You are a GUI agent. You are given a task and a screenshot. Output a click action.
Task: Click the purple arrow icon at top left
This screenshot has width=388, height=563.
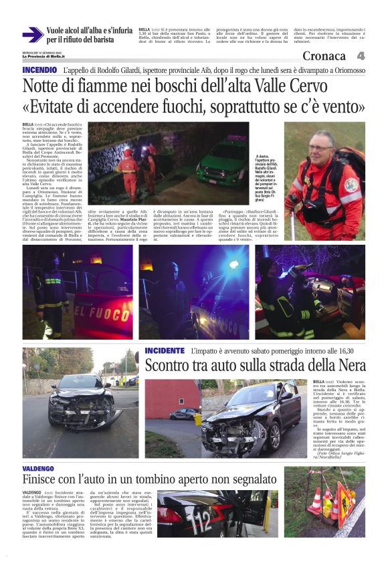tap(32, 34)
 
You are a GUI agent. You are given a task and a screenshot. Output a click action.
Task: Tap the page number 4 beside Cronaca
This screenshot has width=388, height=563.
tap(361, 56)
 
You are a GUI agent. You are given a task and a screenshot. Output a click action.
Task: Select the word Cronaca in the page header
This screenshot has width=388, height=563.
tap(324, 56)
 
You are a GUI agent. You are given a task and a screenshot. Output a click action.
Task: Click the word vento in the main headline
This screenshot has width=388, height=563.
tap(340, 107)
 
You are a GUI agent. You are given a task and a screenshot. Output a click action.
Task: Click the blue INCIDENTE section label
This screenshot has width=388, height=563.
tap(165, 350)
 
